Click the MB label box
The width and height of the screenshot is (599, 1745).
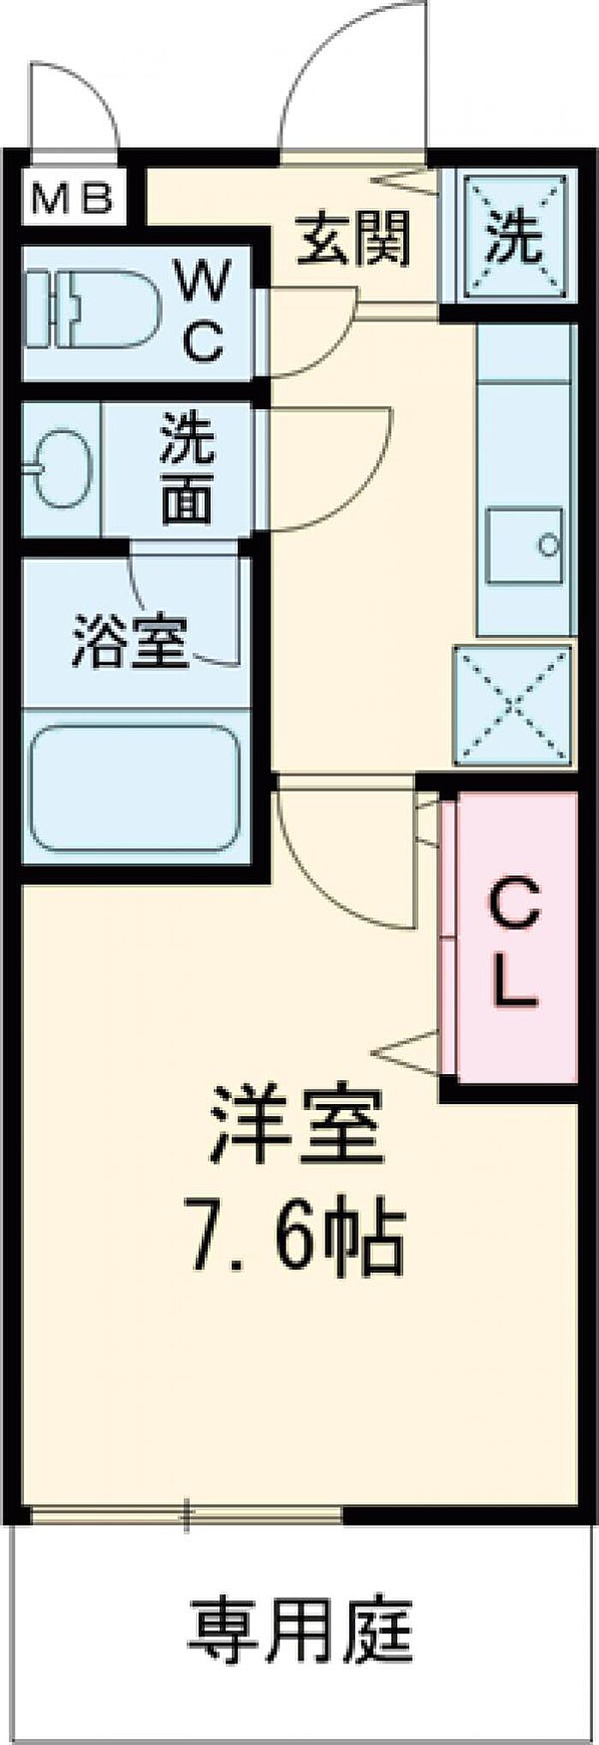click(x=72, y=200)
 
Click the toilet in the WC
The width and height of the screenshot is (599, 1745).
click(x=92, y=308)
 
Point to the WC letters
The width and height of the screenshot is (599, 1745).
click(x=205, y=312)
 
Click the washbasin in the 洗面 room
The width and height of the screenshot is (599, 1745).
click(x=58, y=467)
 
